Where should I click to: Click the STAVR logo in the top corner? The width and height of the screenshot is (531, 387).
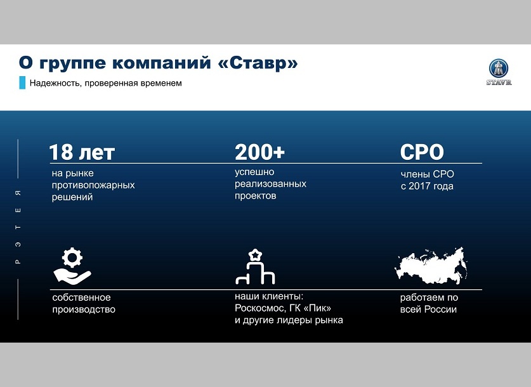pos(499,72)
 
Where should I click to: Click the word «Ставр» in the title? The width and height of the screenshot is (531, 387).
pos(258,63)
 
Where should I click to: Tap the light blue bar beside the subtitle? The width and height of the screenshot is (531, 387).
pos(22,83)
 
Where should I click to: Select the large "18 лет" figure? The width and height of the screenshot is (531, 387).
pos(82,152)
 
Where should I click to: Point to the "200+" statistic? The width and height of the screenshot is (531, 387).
pos(259,152)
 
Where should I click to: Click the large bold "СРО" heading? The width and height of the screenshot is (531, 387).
pos(422,152)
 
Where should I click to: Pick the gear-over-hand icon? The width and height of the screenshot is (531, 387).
pos(72,266)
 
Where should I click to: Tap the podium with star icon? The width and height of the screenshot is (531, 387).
pos(255,266)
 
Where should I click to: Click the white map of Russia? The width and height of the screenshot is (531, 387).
pos(431,265)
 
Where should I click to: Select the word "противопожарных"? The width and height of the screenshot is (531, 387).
pos(93,185)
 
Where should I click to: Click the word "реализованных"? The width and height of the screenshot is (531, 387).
pos(271,184)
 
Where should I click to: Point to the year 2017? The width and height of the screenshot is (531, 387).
pos(418,186)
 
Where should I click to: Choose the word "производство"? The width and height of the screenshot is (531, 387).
pos(84,310)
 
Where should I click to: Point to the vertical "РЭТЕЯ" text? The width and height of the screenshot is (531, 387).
pos(18,227)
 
